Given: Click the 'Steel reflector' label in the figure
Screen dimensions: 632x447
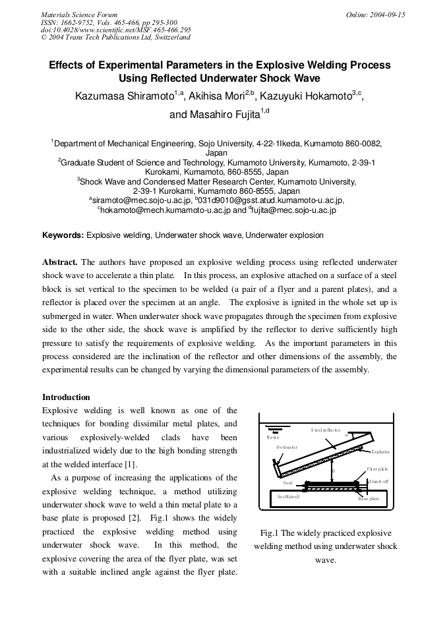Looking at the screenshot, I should pos(325,430).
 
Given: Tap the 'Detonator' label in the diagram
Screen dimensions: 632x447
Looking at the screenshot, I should pos(287,447).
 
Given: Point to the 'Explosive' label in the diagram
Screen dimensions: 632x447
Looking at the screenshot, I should pos(380,452).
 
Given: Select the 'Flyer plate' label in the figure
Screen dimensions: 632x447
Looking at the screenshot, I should pos(378,469).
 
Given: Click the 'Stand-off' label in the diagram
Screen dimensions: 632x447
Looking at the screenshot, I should pos(379,482).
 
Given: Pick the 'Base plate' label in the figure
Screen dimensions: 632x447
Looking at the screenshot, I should pos(369,499).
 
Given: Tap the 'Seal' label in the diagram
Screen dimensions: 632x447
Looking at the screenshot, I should pos(287,482).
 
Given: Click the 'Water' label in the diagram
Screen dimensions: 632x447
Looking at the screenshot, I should pos(272,437).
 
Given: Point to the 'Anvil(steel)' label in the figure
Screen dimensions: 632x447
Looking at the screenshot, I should pos(288,496).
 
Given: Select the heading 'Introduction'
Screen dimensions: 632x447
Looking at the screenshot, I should pos(66,397).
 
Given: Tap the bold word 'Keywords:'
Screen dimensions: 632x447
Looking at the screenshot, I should pos(63,235).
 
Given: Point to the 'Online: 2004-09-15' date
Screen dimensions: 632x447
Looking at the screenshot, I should pos(375,14).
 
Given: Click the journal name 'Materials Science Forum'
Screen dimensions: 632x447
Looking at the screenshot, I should pos(79,14).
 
